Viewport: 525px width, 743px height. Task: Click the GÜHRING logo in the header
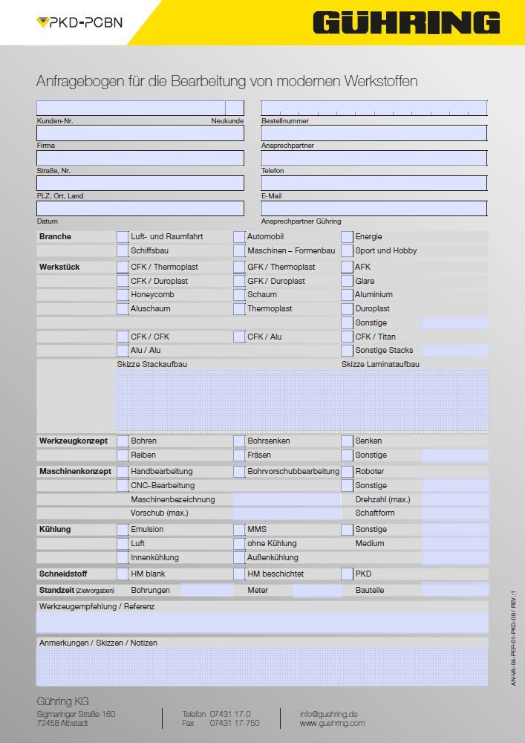point(406,23)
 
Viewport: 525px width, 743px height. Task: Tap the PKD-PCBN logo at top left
point(79,22)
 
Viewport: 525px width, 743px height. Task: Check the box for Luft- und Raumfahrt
point(123,237)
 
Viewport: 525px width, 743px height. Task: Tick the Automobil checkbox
point(239,237)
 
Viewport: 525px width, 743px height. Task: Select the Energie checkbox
point(347,237)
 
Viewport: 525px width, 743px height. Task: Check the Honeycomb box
point(123,295)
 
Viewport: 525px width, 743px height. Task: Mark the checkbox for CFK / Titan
point(347,337)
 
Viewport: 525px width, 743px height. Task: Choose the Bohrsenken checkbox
point(239,441)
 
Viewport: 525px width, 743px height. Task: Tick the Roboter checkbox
point(347,472)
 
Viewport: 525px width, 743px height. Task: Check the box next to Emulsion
point(123,530)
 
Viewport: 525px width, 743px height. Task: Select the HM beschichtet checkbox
point(239,574)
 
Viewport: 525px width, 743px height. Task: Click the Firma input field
point(140,133)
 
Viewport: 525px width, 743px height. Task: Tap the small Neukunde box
point(235,108)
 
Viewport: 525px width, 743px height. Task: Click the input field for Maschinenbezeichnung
point(287,500)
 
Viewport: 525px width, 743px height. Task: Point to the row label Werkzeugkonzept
point(73,441)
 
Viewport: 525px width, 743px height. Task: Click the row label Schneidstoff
point(63,574)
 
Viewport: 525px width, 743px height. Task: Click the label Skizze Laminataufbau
point(380,364)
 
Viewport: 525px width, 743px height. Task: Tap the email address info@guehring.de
point(329,714)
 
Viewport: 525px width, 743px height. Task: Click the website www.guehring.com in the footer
point(332,723)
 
